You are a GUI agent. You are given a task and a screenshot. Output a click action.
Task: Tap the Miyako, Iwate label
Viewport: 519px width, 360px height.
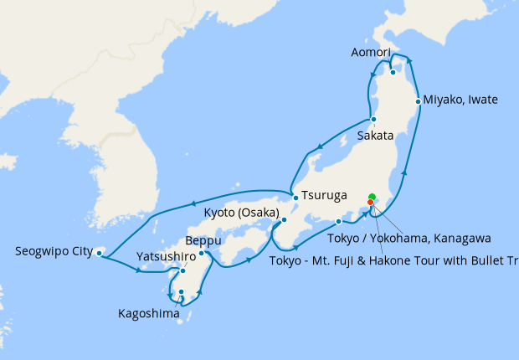click(x=460, y=100)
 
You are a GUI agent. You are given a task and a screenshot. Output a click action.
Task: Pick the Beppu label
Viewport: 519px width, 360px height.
click(x=203, y=241)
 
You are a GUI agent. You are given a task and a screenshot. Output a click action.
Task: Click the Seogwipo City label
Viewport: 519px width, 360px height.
click(x=52, y=250)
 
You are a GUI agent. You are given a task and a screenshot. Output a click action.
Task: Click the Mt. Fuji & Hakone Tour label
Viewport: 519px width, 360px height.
click(x=393, y=259)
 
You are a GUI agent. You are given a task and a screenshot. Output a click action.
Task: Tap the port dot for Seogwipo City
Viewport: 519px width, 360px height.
click(x=100, y=252)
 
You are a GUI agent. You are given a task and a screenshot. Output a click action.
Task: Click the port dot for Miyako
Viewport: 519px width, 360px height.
click(x=418, y=101)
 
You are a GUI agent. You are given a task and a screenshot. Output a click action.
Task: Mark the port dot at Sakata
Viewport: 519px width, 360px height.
click(x=373, y=119)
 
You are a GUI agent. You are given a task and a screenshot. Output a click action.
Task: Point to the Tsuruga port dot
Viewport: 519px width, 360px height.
click(x=295, y=198)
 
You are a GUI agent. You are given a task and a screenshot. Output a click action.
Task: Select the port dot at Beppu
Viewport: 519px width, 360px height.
click(x=202, y=253)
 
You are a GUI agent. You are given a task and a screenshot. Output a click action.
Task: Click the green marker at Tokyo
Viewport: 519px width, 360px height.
click(x=373, y=197)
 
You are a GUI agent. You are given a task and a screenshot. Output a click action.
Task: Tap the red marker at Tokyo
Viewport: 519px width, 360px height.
click(x=371, y=202)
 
